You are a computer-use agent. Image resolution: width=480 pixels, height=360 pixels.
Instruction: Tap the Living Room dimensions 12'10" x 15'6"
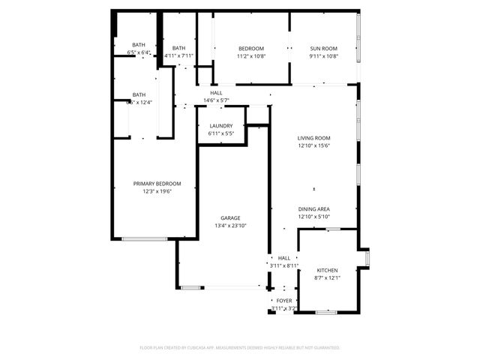tap(314, 145)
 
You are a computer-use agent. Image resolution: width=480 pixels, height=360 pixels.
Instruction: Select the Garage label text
tap(230, 218)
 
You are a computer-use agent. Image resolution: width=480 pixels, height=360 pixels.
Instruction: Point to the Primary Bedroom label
tap(157, 184)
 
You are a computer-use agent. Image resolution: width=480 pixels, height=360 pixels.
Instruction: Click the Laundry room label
tap(220, 126)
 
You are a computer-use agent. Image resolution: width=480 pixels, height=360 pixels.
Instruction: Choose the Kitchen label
tap(327, 270)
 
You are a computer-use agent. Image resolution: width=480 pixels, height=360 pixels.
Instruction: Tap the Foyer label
tap(284, 300)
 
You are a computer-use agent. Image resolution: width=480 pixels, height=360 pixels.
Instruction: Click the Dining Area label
tap(314, 209)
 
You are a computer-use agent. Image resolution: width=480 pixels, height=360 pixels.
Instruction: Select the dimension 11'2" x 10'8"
tap(251, 56)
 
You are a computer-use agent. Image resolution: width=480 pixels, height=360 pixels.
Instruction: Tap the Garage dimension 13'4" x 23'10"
tap(230, 226)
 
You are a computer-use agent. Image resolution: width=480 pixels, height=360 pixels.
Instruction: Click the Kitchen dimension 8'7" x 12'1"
tap(327, 277)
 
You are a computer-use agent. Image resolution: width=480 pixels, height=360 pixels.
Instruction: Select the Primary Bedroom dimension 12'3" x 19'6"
tap(157, 191)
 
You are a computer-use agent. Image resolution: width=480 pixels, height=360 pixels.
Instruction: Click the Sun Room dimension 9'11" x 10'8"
tap(324, 56)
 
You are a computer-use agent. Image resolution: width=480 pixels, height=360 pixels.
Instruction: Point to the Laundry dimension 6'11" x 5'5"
tap(220, 133)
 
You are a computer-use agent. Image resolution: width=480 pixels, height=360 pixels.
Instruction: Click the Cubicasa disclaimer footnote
tap(240, 348)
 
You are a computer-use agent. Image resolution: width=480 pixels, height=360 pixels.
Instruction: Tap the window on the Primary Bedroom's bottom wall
tap(145, 239)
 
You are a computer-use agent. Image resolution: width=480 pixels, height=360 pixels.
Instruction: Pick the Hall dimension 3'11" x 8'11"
tap(284, 265)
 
